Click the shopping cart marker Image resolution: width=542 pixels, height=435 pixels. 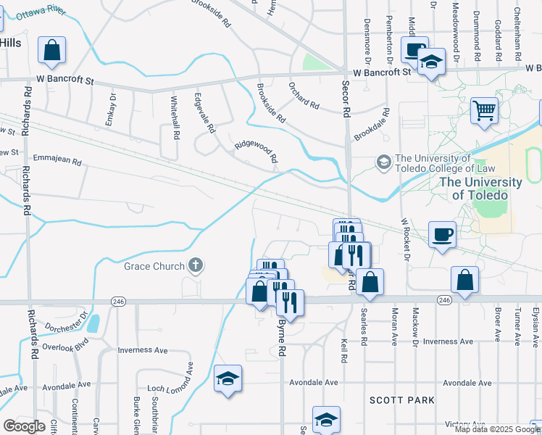tap(483, 111)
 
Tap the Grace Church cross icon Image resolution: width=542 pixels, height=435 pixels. tap(194, 266)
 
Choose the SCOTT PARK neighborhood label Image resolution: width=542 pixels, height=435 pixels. tap(401, 399)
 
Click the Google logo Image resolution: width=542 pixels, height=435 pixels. tap(24, 426)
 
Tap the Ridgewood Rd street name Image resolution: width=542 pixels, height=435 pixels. tap(257, 151)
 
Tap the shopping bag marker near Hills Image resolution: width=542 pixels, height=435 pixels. tap(51, 50)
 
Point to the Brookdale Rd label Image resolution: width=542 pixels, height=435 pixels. tap(372, 125)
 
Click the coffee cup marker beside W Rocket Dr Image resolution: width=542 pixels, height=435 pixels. tap(442, 234)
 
